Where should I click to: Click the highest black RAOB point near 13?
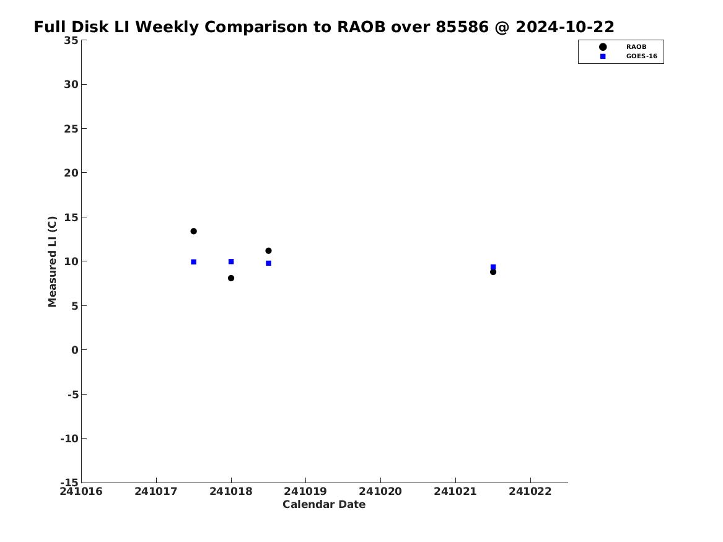coord(194,232)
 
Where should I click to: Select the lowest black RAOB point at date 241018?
coord(231,278)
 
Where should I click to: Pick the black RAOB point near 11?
coord(268,251)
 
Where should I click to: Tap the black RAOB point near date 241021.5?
coord(493,273)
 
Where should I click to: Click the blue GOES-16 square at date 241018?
coord(231,262)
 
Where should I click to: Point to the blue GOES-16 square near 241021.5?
coord(493,267)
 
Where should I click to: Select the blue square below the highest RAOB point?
coord(194,262)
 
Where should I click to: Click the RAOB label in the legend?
coord(636,47)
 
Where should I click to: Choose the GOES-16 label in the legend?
coord(641,56)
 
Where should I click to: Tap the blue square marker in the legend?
coord(603,56)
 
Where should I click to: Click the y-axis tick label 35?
coord(71,40)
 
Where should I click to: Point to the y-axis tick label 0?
coord(75,350)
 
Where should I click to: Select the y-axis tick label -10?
coord(69,439)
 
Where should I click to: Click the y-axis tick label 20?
coord(71,173)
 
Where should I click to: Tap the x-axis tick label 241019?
coord(305,492)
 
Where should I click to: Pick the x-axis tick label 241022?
coord(530,492)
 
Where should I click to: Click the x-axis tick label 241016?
coord(81,492)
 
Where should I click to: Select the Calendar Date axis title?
coord(324,505)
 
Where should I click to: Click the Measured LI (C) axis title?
coord(52,261)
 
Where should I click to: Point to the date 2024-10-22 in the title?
coord(565,27)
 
